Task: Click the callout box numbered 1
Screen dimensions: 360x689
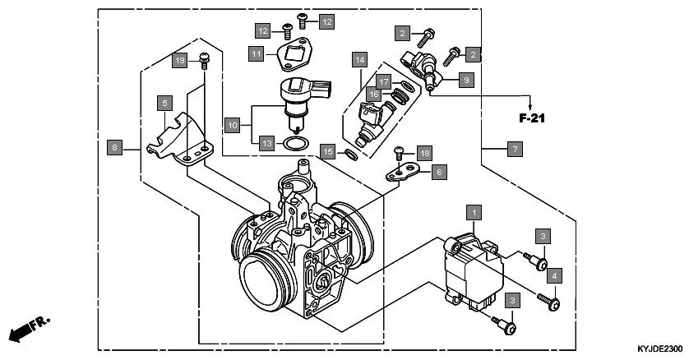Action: [474, 213]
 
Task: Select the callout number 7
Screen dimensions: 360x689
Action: [513, 149]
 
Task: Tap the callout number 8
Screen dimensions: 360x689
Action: [114, 148]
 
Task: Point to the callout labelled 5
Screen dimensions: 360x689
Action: [165, 103]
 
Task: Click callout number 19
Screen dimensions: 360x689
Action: [180, 60]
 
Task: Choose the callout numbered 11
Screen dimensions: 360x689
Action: [257, 53]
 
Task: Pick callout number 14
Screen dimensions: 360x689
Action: [359, 59]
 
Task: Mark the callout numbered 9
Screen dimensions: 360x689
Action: [465, 80]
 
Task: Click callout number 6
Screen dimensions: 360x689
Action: [438, 172]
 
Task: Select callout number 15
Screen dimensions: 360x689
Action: [327, 151]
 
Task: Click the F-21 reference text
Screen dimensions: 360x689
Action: [533, 118]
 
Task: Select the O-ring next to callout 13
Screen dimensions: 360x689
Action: [296, 145]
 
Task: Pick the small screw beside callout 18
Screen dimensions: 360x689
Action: [400, 152]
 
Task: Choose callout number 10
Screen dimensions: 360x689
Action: [234, 126]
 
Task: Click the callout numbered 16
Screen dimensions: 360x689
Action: [373, 95]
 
